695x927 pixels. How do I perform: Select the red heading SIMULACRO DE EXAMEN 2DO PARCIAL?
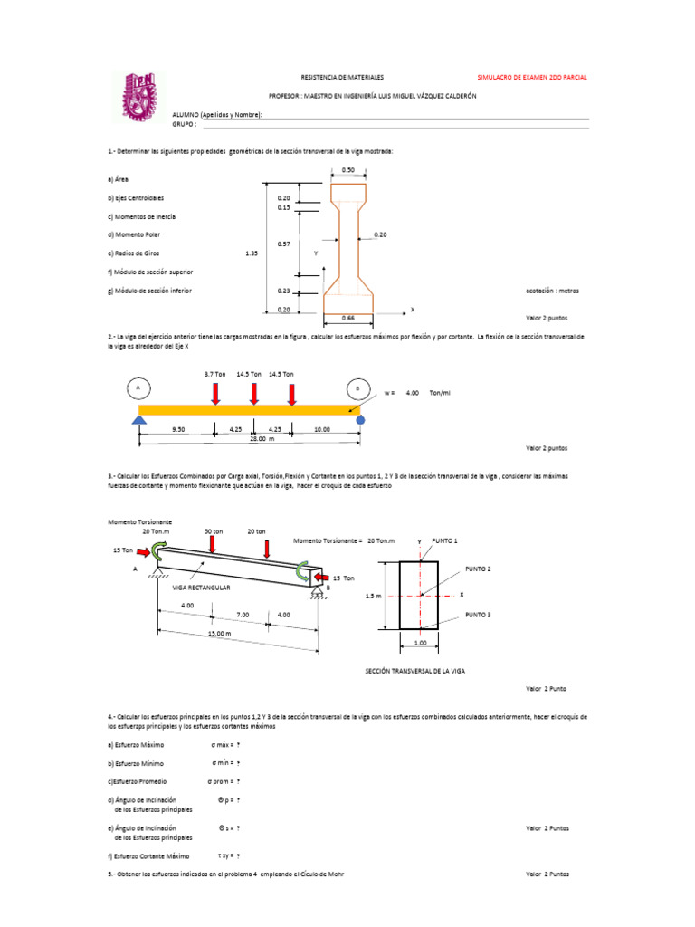531,78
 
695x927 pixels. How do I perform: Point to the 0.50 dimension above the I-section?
348,170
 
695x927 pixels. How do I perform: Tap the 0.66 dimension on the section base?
348,318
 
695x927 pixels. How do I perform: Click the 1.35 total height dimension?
252,253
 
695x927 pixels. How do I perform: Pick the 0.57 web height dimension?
284,244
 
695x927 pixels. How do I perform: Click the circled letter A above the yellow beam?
138,388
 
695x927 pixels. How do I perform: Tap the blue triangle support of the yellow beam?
138,419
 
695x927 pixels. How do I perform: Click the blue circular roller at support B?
360,420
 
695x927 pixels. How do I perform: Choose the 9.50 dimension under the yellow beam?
177,431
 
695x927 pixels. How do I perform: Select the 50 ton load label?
214,531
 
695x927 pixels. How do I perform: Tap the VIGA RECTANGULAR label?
202,588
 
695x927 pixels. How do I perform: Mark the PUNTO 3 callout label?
478,615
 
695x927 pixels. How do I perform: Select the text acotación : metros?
552,291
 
